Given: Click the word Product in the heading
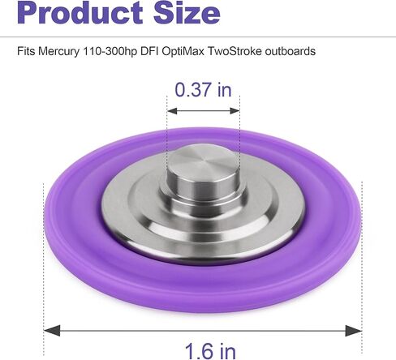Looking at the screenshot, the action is coord(80,12).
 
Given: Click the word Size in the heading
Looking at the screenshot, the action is coord(187,12).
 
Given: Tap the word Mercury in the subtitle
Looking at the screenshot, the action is coord(59,51).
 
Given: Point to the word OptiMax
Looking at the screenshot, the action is coord(183,51).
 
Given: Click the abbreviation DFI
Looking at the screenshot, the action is coord(149,51).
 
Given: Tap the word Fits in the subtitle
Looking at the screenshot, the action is coord(26,51).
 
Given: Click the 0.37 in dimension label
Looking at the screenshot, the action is coord(203,90).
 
